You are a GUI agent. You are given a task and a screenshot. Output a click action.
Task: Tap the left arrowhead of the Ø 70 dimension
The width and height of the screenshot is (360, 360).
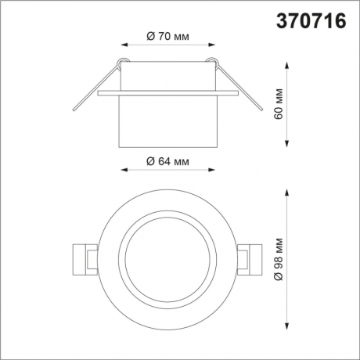point(126,44)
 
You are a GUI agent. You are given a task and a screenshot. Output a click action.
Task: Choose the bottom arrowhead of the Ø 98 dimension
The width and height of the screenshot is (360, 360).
point(290,328)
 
